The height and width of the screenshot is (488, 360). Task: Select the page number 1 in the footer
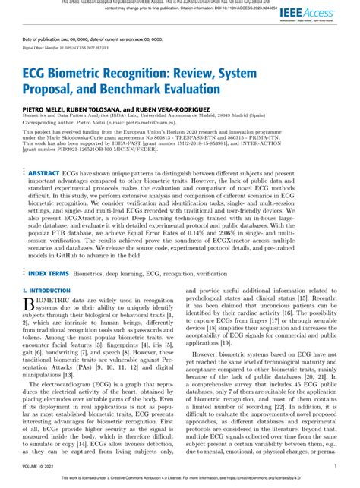pyautogui.click(x=335, y=468)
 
